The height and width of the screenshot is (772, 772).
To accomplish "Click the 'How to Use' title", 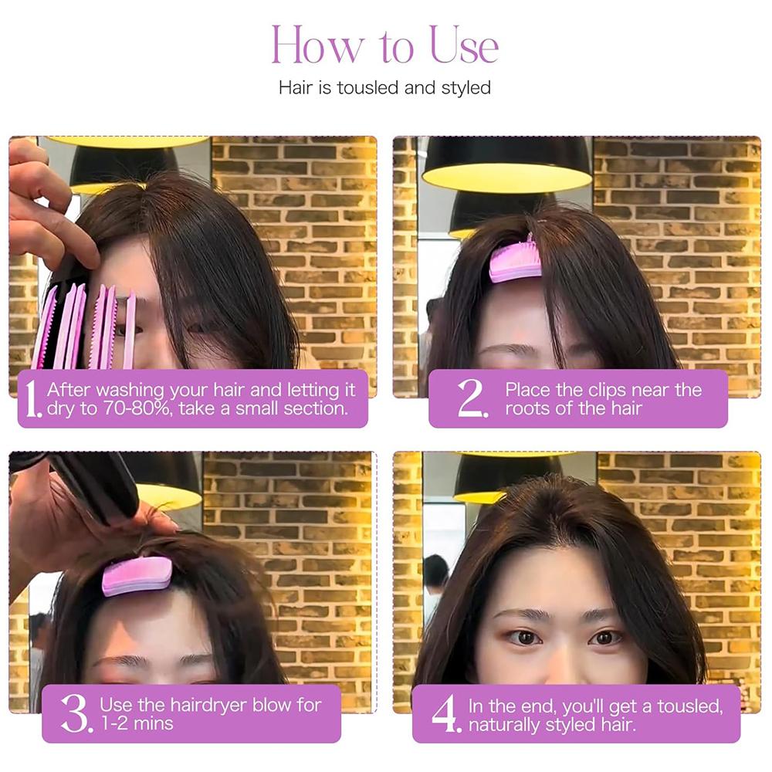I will click(384, 46).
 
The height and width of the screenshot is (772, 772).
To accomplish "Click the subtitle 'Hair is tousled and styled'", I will click(384, 87).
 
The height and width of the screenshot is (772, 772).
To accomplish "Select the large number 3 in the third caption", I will click(76, 714).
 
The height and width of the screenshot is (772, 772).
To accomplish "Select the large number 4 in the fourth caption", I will click(445, 714).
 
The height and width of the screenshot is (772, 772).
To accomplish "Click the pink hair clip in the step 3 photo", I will click(137, 576).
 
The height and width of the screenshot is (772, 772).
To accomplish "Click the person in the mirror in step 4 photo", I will click(435, 579).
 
